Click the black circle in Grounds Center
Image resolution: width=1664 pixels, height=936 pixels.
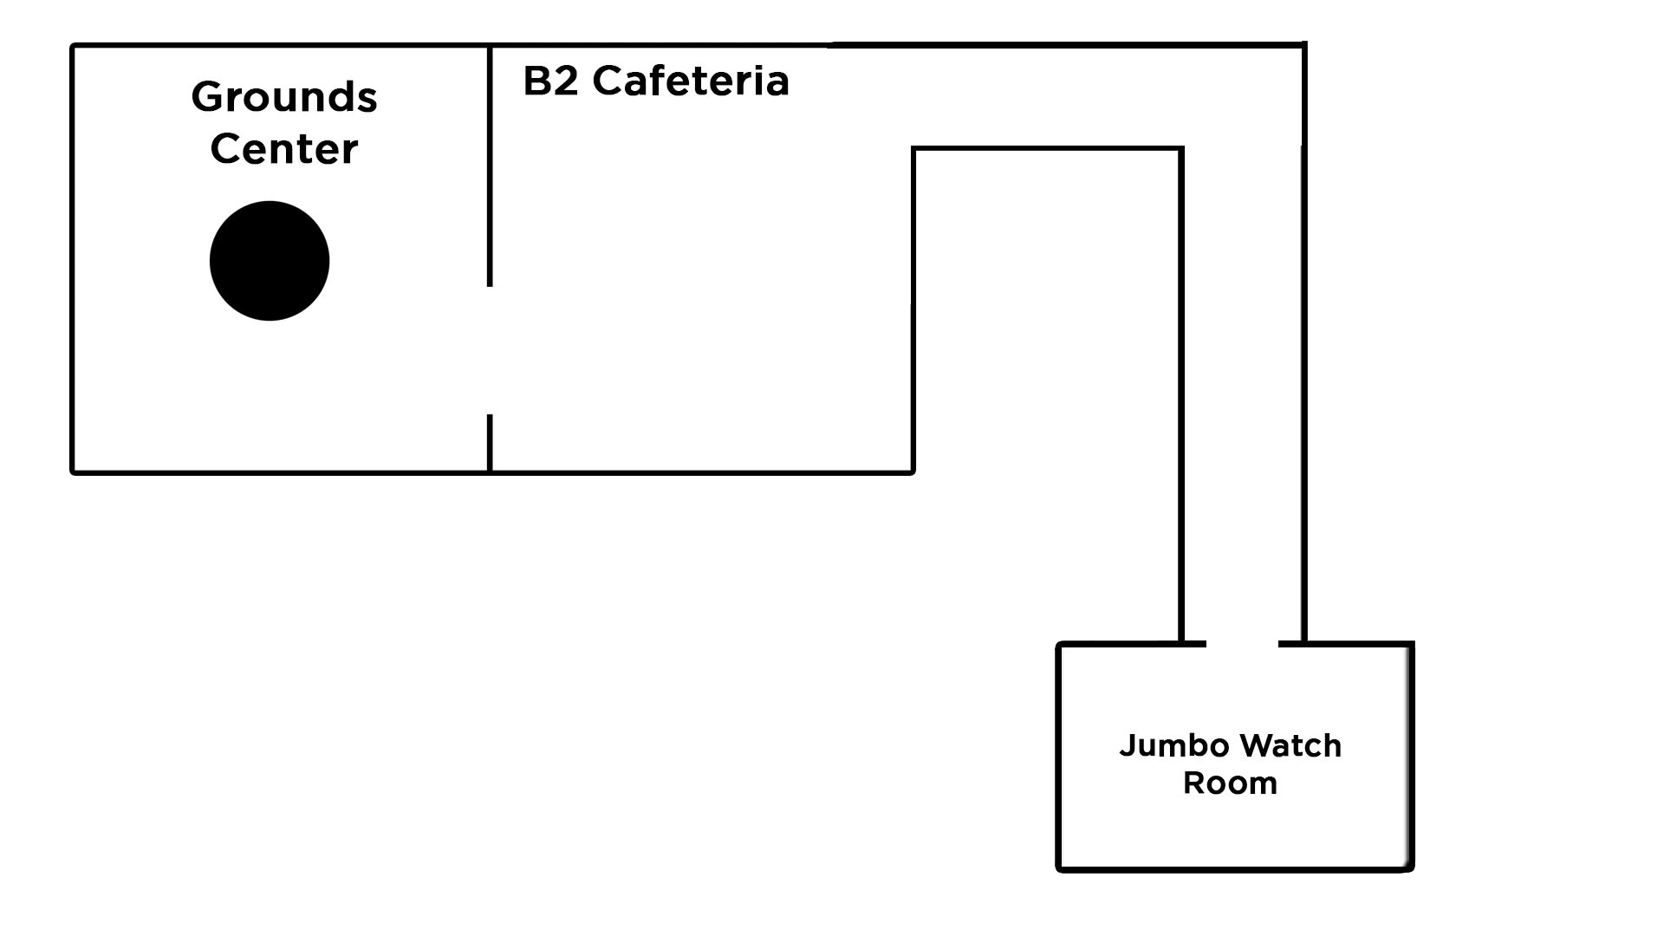point(270,261)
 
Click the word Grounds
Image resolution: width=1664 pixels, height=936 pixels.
point(284,97)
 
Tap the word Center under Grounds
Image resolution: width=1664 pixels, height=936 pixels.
point(284,149)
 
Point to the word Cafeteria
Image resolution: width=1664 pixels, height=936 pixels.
point(691,81)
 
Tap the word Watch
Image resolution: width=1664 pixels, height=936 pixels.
point(1290,746)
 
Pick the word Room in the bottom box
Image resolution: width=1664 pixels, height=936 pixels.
point(1230,783)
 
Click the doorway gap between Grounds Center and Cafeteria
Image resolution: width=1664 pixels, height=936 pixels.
point(490,350)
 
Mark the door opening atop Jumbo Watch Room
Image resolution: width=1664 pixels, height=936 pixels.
point(1242,644)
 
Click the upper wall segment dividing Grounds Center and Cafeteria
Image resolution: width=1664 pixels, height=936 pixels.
point(490,165)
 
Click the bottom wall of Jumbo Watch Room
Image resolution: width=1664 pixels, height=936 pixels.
point(1235,868)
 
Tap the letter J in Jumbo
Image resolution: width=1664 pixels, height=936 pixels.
point(1127,746)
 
